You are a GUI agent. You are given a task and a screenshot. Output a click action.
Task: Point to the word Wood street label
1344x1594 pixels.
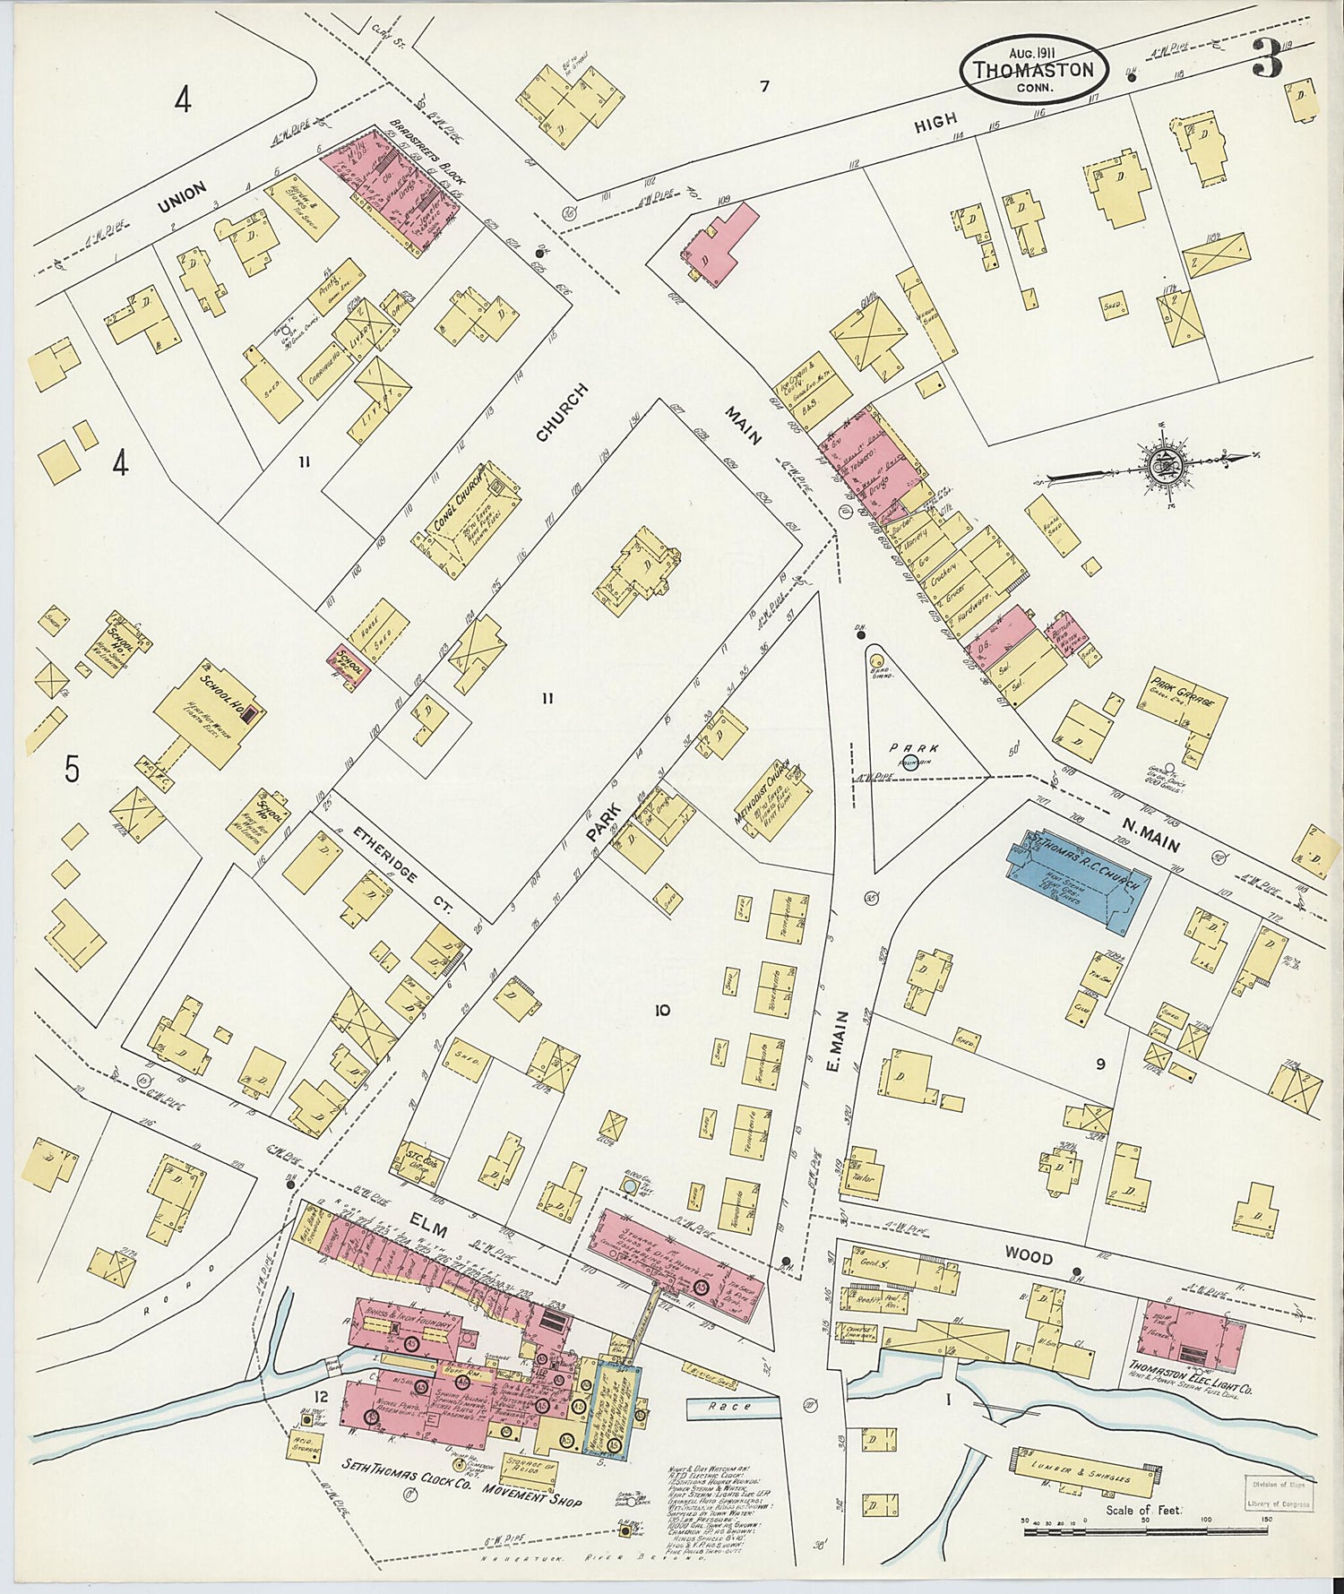tap(1028, 1257)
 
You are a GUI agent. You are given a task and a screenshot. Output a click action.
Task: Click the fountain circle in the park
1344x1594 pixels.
tap(910, 763)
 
